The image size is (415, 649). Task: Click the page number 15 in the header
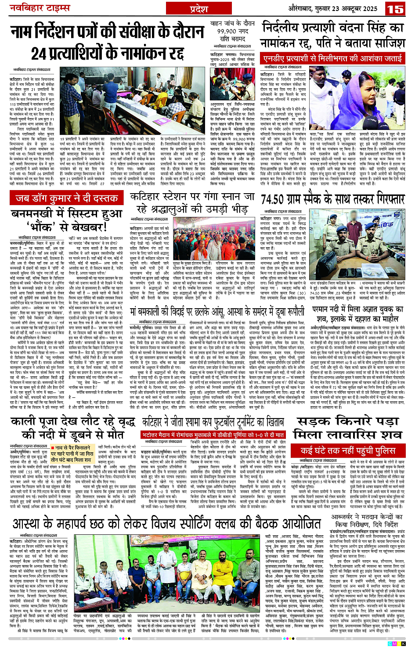click(x=395, y=9)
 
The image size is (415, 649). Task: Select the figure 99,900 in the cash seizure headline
click(x=227, y=31)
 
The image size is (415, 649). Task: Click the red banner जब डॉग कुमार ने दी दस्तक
click(x=67, y=198)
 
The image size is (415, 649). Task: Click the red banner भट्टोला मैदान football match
click(x=213, y=435)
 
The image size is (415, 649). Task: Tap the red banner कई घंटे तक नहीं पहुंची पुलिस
click(x=347, y=451)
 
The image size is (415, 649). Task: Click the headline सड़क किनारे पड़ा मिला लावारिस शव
click(x=347, y=427)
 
